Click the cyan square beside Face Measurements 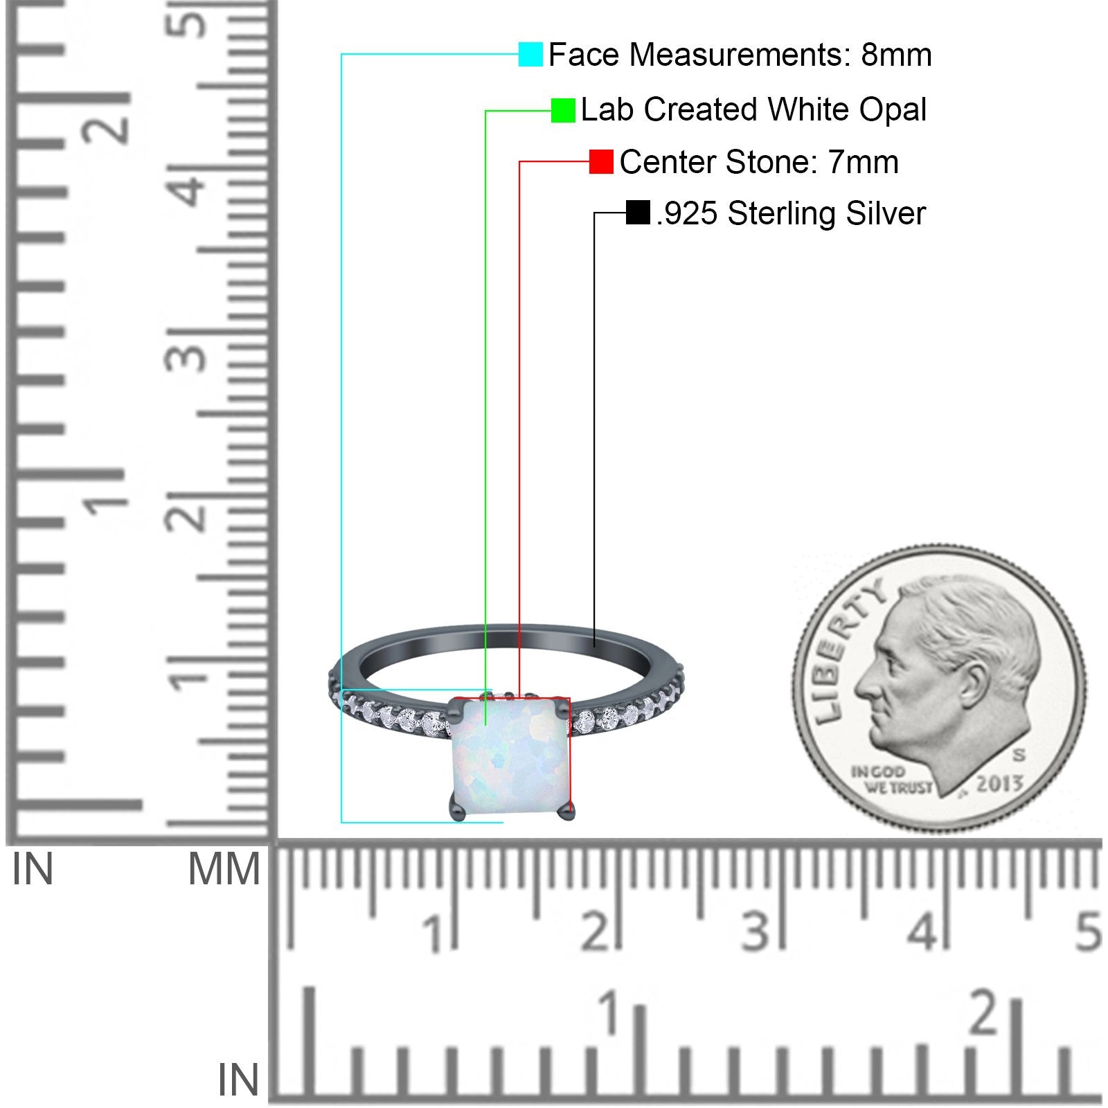(530, 55)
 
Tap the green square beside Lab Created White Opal (563, 110)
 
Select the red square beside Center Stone (601, 162)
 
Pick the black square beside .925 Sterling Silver (638, 213)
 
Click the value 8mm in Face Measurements (896, 55)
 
